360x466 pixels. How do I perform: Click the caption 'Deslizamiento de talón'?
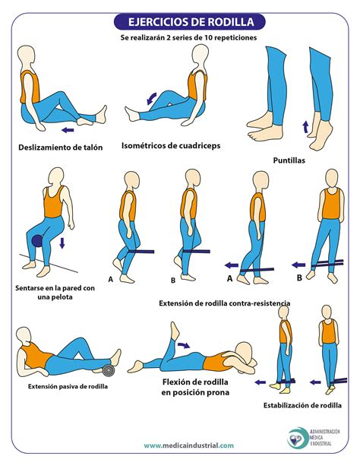60,147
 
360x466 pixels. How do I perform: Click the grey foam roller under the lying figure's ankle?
109,370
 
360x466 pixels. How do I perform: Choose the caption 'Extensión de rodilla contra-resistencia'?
225,303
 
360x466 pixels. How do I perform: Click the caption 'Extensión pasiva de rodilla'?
68,386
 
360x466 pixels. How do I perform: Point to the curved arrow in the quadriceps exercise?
152,96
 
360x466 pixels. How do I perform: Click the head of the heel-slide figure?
26,57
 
